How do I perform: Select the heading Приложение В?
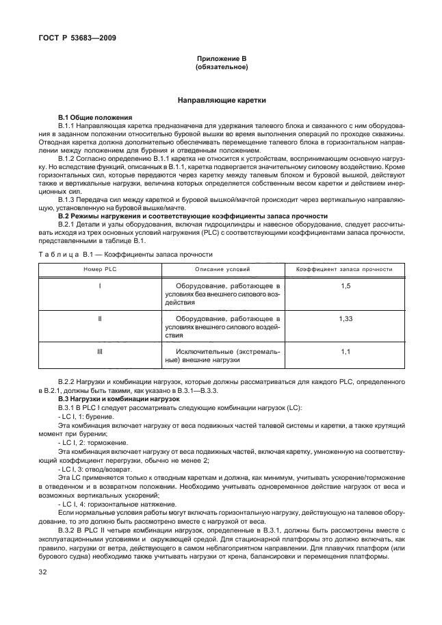point(221,60)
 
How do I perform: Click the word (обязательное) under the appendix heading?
point(221,68)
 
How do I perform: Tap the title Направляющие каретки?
point(221,101)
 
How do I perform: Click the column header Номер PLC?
point(100,270)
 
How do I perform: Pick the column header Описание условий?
point(223,270)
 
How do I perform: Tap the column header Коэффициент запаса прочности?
point(344,270)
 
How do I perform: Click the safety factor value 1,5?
point(345,285)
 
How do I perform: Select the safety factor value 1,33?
point(345,319)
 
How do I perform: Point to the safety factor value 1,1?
point(345,352)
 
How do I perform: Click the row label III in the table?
point(100,352)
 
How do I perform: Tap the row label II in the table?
point(100,319)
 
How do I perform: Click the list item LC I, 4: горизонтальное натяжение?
point(109,503)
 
